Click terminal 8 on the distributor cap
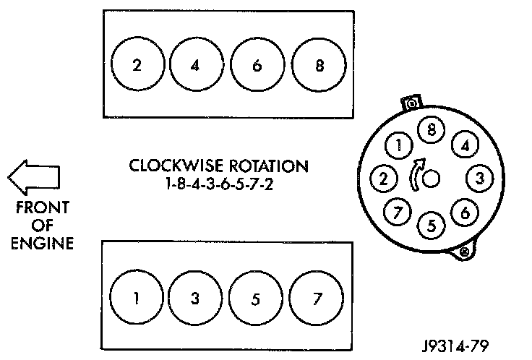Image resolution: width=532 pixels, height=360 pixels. point(432,132)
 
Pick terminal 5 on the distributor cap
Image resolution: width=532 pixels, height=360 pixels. point(432,224)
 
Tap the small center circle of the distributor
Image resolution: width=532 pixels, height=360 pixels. point(432,178)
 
